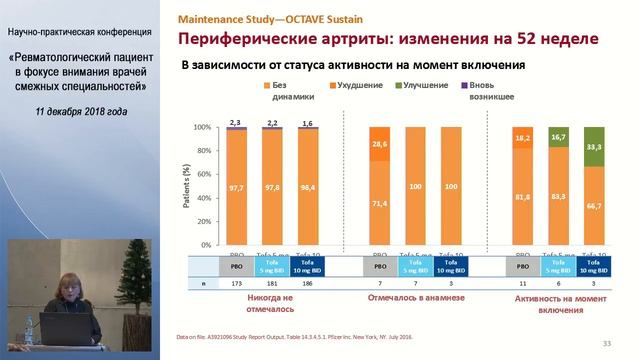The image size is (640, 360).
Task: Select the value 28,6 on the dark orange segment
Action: tap(378, 144)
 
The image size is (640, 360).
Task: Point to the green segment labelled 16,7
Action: tap(559, 137)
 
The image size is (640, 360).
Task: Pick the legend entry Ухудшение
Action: tap(360, 88)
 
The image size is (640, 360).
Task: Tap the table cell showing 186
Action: tap(305, 285)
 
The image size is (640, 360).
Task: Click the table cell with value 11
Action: tap(521, 285)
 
